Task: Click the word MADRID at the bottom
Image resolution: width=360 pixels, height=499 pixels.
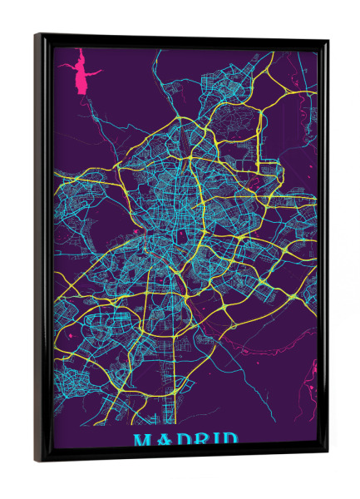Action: click(x=185, y=440)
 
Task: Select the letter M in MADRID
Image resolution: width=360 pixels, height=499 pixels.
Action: click(x=142, y=440)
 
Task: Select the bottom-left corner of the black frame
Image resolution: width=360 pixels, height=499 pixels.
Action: click(x=37, y=460)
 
